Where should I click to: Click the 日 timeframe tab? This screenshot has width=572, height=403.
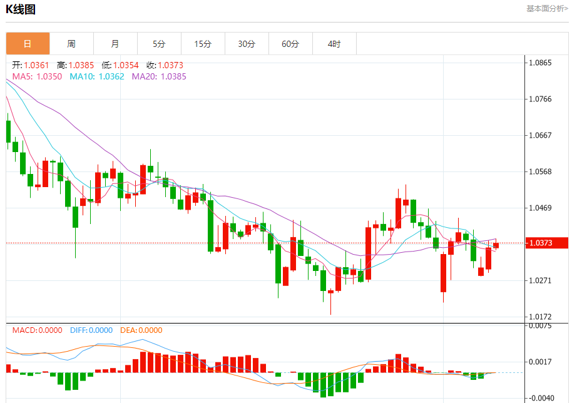(x=28, y=44)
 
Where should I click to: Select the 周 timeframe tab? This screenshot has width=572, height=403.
(x=71, y=44)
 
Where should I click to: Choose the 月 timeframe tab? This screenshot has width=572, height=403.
(x=115, y=44)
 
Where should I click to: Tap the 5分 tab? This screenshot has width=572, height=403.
(x=159, y=44)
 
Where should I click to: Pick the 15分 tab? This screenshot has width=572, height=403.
(x=203, y=44)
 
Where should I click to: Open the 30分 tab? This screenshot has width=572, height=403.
(x=247, y=44)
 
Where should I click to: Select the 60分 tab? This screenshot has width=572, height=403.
(x=290, y=44)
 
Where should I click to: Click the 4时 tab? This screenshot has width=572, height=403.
(x=334, y=44)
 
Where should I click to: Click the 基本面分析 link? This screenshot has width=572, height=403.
(x=547, y=9)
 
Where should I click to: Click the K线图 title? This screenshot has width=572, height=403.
(x=21, y=9)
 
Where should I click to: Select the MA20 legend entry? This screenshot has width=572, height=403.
(x=159, y=76)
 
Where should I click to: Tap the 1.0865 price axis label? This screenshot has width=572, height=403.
(x=540, y=63)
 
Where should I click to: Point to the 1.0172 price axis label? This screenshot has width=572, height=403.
(x=540, y=317)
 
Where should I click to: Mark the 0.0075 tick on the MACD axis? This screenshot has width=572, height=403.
(x=540, y=325)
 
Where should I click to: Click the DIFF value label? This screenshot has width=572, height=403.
(x=91, y=330)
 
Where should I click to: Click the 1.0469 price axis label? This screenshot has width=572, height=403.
(x=540, y=208)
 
